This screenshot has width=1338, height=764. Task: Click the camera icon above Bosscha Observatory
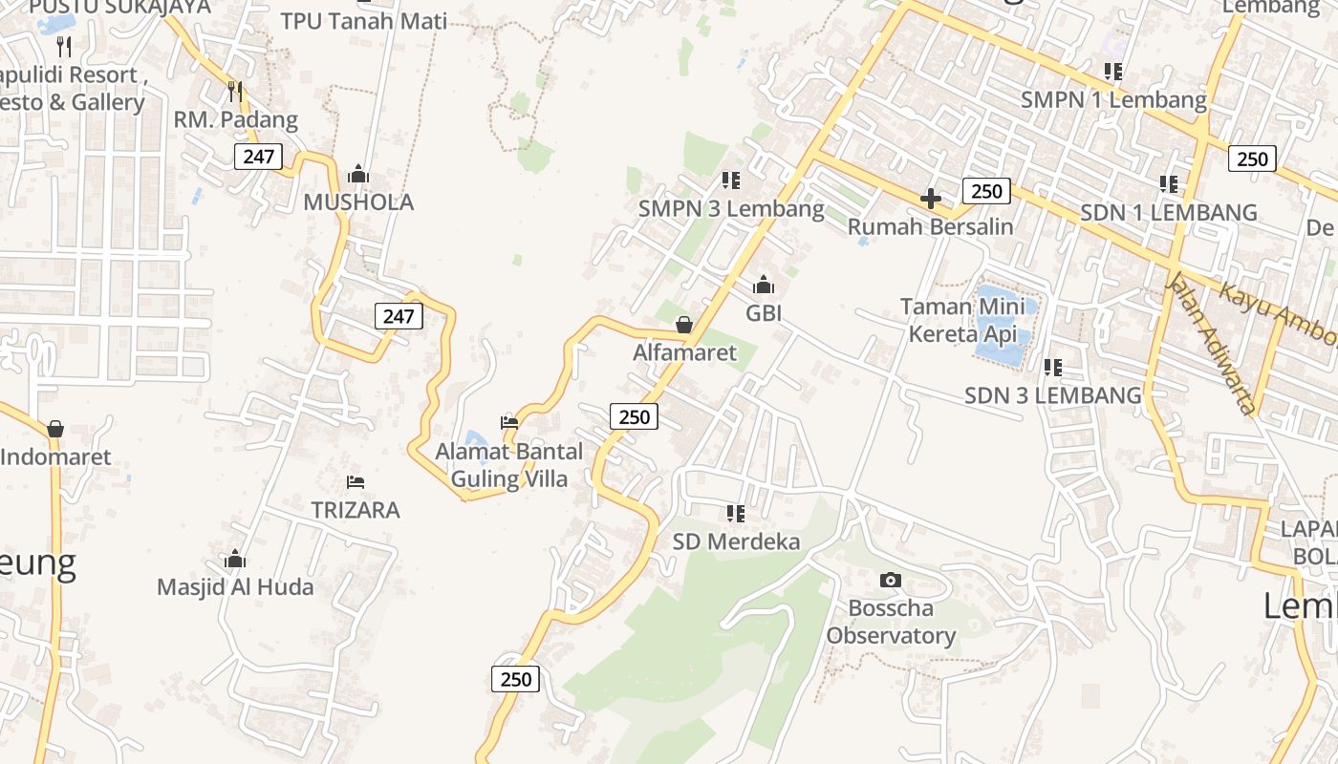tap(890, 580)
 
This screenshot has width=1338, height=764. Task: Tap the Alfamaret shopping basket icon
tap(684, 325)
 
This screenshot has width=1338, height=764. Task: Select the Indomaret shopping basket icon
tap(55, 429)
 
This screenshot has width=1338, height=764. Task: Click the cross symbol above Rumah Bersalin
tap(930, 199)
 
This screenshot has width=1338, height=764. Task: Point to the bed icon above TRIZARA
tap(356, 481)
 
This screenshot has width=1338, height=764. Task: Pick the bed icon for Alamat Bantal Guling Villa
tap(509, 422)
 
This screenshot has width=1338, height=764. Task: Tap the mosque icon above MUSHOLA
tap(358, 174)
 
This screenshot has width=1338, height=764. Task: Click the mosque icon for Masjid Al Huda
tap(235, 559)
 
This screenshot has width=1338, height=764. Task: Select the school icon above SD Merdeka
tap(735, 514)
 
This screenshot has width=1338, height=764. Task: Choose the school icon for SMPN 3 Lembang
tap(731, 180)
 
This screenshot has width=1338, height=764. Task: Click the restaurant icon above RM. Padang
tap(235, 92)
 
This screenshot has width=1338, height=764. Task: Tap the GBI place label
tap(764, 312)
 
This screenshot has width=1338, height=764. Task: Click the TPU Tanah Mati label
tap(363, 20)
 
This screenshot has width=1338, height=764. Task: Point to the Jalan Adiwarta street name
tap(1210, 345)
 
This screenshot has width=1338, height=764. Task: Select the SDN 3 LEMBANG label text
tap(1052, 395)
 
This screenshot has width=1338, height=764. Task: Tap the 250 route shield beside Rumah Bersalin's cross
tap(986, 191)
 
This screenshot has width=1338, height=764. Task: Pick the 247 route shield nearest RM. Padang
tap(258, 157)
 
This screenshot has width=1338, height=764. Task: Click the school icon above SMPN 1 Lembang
tap(1112, 72)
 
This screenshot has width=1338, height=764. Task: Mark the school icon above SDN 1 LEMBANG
tap(1168, 183)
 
